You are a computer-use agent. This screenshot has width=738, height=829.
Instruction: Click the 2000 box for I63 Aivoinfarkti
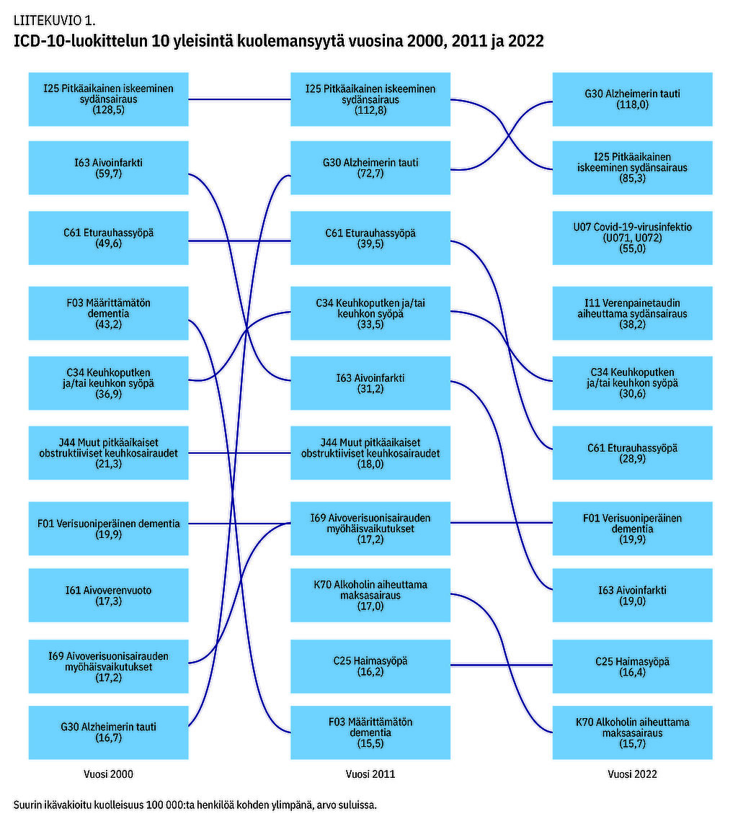(x=108, y=168)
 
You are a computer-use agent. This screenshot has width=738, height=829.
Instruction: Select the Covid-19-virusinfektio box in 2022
(x=632, y=238)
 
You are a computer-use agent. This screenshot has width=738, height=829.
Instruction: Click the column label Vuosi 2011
(x=370, y=774)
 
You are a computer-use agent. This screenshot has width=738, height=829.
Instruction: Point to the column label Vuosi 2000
(x=109, y=774)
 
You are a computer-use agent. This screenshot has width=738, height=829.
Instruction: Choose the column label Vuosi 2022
(x=632, y=774)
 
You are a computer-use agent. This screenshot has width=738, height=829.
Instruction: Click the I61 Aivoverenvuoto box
(x=108, y=595)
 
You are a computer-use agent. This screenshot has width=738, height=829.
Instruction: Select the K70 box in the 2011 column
(x=370, y=595)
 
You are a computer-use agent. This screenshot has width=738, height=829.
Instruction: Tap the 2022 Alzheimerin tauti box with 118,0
(x=632, y=99)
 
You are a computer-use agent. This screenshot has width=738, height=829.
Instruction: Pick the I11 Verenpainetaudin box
(x=632, y=313)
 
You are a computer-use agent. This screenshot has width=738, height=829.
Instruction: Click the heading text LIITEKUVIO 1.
(x=54, y=19)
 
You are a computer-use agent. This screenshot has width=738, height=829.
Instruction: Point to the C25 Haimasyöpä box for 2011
(x=370, y=666)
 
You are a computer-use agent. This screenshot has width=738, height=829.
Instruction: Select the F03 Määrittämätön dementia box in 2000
(x=108, y=313)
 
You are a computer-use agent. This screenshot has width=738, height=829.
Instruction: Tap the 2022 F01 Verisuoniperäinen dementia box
(x=632, y=528)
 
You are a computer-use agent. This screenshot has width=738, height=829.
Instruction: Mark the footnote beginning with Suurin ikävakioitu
(x=195, y=805)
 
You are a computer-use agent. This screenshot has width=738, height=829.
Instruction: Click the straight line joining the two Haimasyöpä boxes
(x=502, y=665)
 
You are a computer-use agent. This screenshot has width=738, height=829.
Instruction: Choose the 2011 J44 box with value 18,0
(x=370, y=452)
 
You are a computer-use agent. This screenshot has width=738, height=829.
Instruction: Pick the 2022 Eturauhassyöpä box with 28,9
(x=632, y=452)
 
